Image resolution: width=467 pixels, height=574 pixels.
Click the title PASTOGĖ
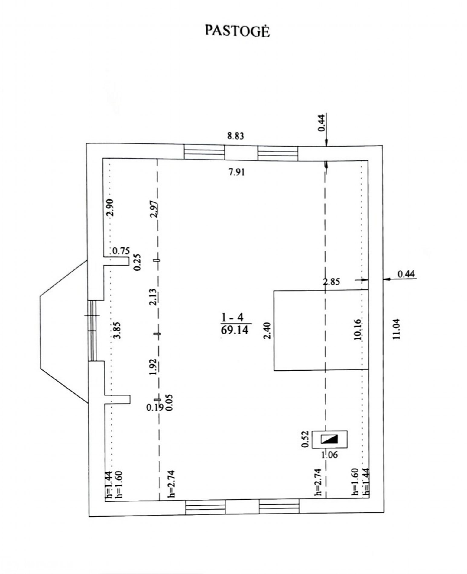237,31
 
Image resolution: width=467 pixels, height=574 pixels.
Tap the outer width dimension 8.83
235,136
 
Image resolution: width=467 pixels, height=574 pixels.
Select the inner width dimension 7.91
237,172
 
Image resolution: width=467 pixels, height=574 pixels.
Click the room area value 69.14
235,330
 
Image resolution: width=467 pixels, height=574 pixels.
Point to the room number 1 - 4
233,318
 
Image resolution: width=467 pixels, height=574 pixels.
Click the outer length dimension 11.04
396,329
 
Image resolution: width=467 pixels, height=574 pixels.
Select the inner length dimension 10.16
358,330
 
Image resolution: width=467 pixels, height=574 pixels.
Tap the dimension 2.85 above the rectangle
332,282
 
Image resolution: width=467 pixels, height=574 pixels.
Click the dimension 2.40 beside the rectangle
267,331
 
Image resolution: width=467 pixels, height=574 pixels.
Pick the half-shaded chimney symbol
329,439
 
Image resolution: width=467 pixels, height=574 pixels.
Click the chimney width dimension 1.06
329,455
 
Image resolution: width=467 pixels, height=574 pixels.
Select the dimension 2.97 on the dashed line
154,209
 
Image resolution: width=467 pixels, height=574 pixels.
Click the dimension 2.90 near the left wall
110,207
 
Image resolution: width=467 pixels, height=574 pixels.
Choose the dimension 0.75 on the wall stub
121,251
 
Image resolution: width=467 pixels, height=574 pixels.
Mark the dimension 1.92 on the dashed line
153,367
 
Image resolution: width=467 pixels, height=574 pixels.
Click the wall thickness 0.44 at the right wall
406,274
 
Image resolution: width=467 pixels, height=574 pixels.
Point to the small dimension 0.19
155,407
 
